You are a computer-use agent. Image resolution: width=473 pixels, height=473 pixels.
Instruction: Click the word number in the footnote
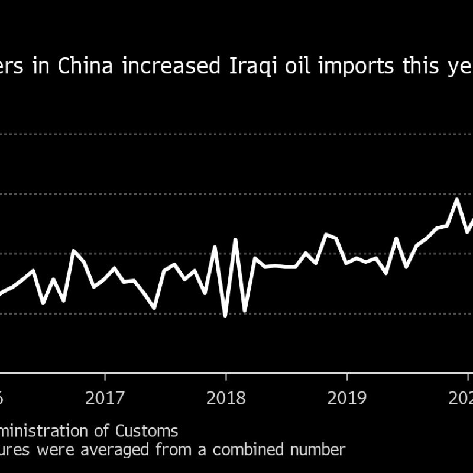click(319, 449)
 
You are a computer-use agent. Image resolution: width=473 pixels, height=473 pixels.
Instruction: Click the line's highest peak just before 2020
click(457, 199)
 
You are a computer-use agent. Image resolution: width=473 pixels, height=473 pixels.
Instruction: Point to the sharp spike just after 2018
click(235, 239)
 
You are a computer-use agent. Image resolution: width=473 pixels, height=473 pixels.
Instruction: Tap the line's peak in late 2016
click(73, 251)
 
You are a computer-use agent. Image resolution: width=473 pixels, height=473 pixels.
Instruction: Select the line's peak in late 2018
click(326, 234)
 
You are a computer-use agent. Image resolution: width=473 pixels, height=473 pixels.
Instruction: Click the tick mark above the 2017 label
click(105, 377)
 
